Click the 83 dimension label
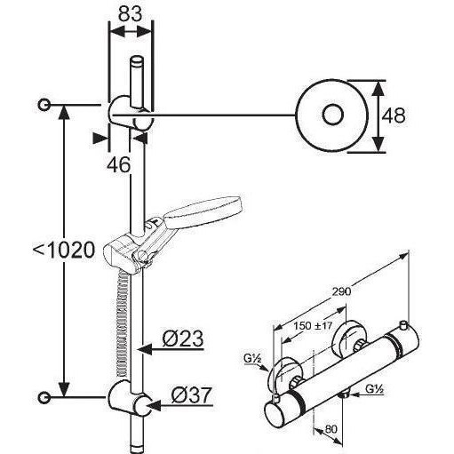pyautogui.click(x=131, y=13)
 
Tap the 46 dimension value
pyautogui.click(x=118, y=164)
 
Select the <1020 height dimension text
pyautogui.click(x=64, y=251)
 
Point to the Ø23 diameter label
pyautogui.click(x=183, y=339)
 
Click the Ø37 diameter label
pyautogui.click(x=192, y=394)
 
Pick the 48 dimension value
pyautogui.click(x=394, y=115)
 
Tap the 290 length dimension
pyautogui.click(x=341, y=291)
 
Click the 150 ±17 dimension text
pyautogui.click(x=314, y=326)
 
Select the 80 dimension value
pyautogui.click(x=331, y=429)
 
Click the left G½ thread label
pyautogui.click(x=252, y=359)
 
